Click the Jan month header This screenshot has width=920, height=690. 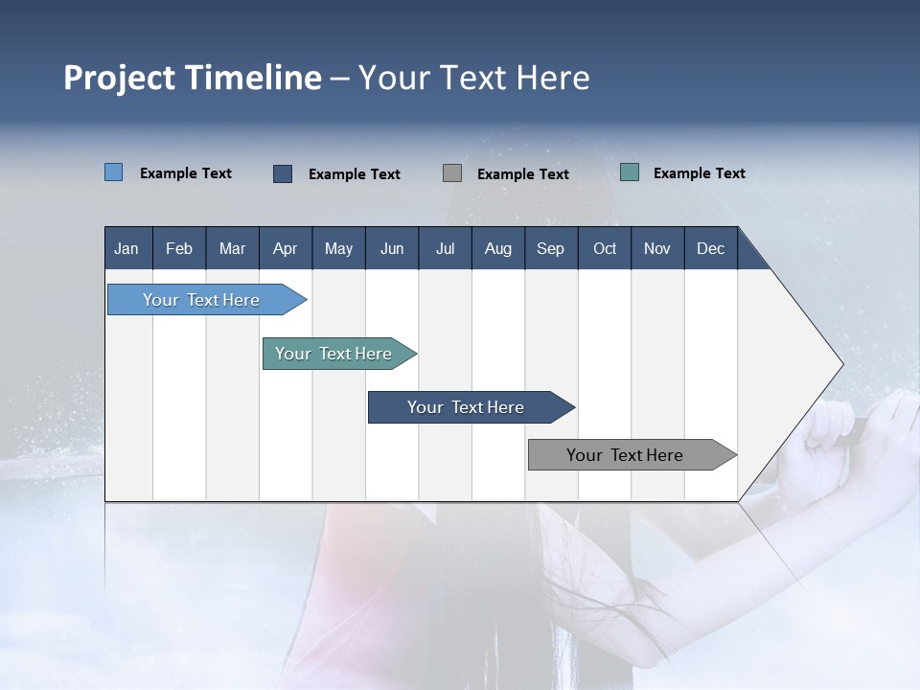126,249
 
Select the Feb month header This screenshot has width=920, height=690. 179,249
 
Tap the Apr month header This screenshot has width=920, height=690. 286,249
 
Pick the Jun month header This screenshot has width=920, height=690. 392,249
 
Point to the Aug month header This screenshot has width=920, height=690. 498,249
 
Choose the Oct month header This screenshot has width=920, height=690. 605,249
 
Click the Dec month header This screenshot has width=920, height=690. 710,249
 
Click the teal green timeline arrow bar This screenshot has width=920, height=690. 339,354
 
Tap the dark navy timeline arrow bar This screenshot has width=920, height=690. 471,407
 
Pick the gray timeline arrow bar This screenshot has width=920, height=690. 632,454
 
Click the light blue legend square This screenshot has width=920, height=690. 114,172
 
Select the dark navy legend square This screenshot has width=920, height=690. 283,173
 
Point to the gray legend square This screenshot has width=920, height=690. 452,173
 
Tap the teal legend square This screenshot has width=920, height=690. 630,172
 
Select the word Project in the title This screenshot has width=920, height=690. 120,79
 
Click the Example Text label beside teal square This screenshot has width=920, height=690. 700,173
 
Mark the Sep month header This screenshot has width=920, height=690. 550,249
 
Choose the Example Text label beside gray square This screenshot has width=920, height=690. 523,174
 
